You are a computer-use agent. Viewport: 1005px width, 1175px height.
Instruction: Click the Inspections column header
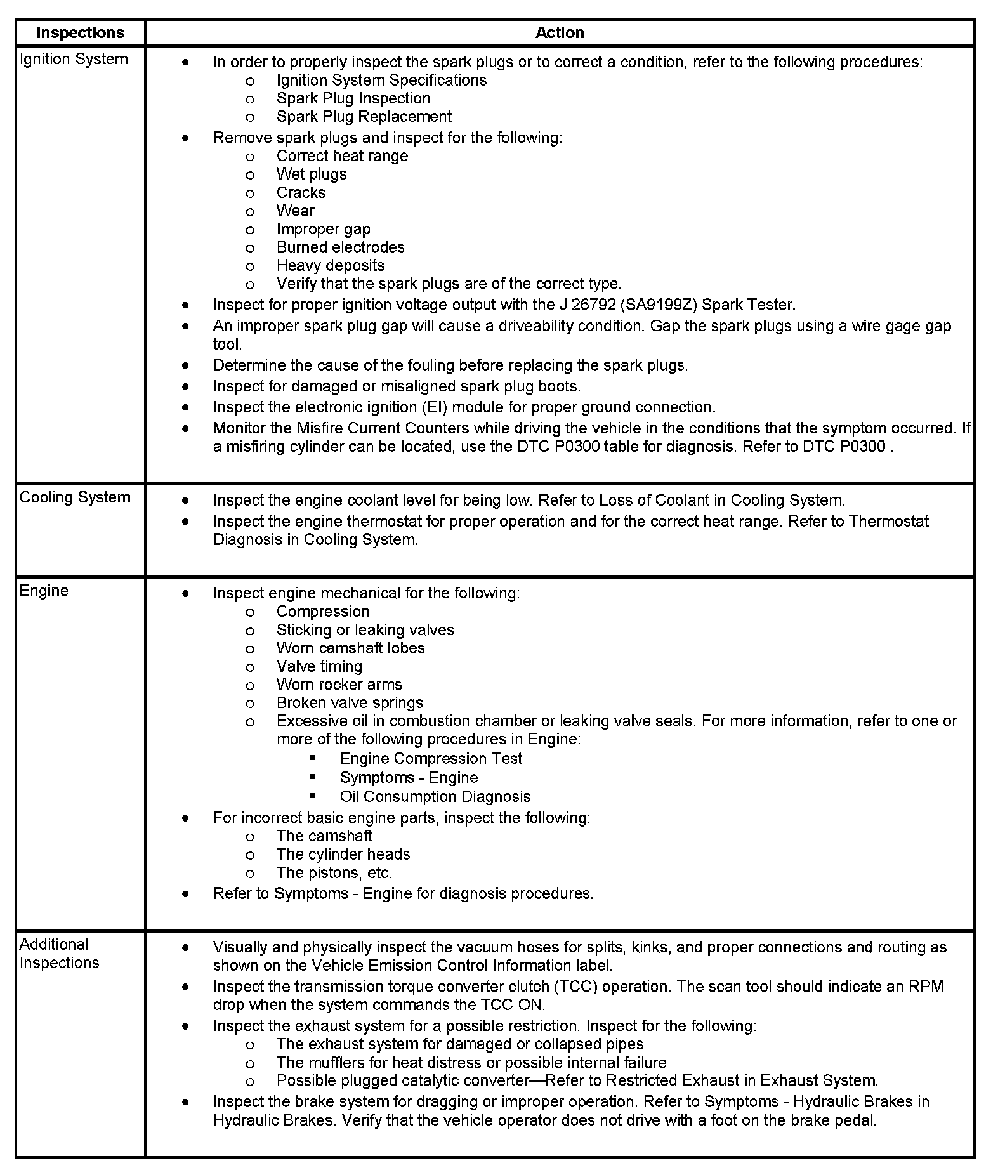pyautogui.click(x=80, y=32)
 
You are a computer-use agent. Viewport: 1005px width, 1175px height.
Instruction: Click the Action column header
pyautogui.click(x=560, y=32)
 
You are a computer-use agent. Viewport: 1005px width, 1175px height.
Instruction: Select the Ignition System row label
pyautogui.click(x=74, y=59)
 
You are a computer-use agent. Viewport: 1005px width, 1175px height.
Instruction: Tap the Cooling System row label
pyautogui.click(x=75, y=497)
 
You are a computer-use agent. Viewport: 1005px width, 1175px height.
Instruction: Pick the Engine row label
pyautogui.click(x=44, y=591)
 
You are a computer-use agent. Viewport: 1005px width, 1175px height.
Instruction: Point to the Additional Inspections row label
pyautogui.click(x=59, y=954)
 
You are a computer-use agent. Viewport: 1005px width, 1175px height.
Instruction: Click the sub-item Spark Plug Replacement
pyautogui.click(x=364, y=117)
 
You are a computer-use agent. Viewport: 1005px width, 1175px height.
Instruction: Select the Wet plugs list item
pyautogui.click(x=312, y=174)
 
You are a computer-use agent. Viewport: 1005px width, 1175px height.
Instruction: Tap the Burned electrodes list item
pyautogui.click(x=340, y=247)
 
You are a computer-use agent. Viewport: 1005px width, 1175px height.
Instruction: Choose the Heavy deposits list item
pyautogui.click(x=330, y=266)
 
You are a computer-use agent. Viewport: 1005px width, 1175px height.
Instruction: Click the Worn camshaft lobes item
pyautogui.click(x=350, y=648)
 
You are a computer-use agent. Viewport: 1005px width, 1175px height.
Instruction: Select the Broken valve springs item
pyautogui.click(x=350, y=703)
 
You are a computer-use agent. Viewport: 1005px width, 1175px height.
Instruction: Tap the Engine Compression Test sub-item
pyautogui.click(x=431, y=759)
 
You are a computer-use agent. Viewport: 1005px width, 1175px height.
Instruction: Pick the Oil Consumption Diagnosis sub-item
pyautogui.click(x=435, y=797)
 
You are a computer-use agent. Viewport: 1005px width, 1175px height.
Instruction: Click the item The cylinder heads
pyautogui.click(x=343, y=855)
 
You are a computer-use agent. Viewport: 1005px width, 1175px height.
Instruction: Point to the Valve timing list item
pyautogui.click(x=319, y=667)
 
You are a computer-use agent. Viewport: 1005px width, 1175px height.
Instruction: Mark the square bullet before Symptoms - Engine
pyautogui.click(x=313, y=777)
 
